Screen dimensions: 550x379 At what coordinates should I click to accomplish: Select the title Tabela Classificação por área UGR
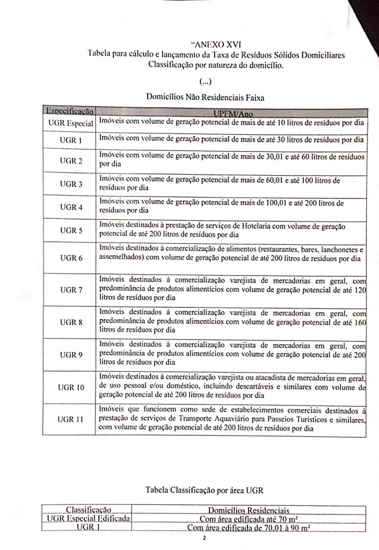205,490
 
